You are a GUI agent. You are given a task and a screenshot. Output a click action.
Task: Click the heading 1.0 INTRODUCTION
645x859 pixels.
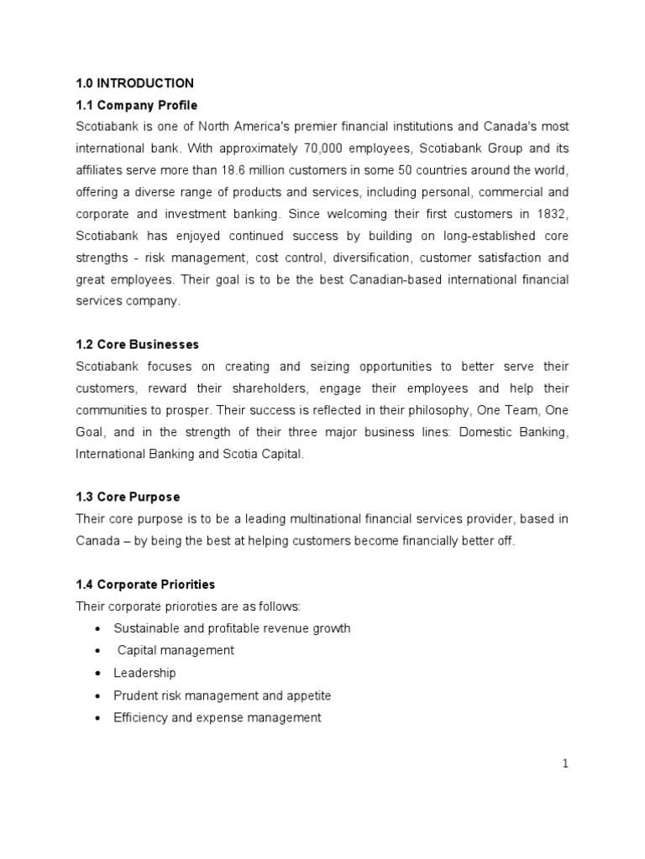(134, 83)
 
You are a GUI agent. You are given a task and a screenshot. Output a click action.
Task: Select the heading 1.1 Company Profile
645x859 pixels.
(136, 105)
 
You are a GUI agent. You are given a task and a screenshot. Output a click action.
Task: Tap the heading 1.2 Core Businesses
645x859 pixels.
(137, 345)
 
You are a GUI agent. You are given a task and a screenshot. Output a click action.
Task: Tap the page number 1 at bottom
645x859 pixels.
(565, 763)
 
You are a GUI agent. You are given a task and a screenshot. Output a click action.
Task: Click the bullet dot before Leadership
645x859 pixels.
(101, 674)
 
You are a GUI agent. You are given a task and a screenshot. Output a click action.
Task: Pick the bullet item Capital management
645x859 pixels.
(176, 650)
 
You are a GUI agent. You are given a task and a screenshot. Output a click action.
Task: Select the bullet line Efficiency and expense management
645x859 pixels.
(217, 717)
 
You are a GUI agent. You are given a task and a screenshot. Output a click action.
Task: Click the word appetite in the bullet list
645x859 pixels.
(308, 695)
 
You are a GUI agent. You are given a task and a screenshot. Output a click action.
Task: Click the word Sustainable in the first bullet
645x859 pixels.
(144, 628)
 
